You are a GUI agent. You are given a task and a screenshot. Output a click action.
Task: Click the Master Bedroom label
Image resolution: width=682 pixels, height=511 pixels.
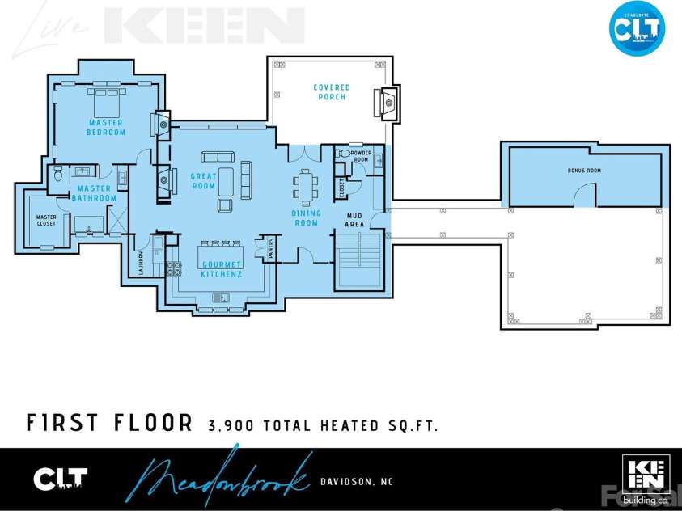pyautogui.click(x=107, y=127)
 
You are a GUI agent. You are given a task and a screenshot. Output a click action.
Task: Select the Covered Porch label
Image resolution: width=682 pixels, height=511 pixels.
pyautogui.click(x=332, y=92)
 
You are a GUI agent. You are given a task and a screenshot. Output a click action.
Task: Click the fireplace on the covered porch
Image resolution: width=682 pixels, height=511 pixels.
pyautogui.click(x=384, y=103)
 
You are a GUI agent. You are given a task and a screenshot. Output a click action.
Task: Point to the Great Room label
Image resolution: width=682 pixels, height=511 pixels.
pyautogui.click(x=203, y=181)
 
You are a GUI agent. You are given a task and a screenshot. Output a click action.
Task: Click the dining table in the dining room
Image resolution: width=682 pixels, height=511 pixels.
pyautogui.click(x=306, y=188)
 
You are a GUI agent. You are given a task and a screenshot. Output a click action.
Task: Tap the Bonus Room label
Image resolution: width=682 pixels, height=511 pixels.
pyautogui.click(x=584, y=171)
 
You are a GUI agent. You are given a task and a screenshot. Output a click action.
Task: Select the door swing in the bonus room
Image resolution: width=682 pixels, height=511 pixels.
pyautogui.click(x=585, y=194)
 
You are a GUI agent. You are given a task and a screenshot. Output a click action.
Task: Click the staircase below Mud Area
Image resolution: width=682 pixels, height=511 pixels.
pyautogui.click(x=357, y=260)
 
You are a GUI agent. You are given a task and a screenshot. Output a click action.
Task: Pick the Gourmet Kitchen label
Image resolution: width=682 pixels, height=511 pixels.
pyautogui.click(x=222, y=270)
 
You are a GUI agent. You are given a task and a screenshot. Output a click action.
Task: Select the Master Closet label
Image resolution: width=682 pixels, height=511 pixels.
pyautogui.click(x=46, y=220)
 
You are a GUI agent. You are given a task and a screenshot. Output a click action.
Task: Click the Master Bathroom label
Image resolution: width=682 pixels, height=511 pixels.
pyautogui.click(x=95, y=193)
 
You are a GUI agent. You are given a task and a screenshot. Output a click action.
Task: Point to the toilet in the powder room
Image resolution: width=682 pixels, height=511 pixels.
pyautogui.click(x=342, y=153)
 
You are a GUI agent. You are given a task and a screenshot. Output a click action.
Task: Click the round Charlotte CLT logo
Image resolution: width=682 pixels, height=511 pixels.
pyautogui.click(x=637, y=28)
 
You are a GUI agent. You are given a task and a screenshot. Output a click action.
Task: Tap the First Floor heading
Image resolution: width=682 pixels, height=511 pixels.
pyautogui.click(x=109, y=424)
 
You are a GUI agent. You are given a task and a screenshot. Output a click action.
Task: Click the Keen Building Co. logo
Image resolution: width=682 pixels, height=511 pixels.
pyautogui.click(x=644, y=478)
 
